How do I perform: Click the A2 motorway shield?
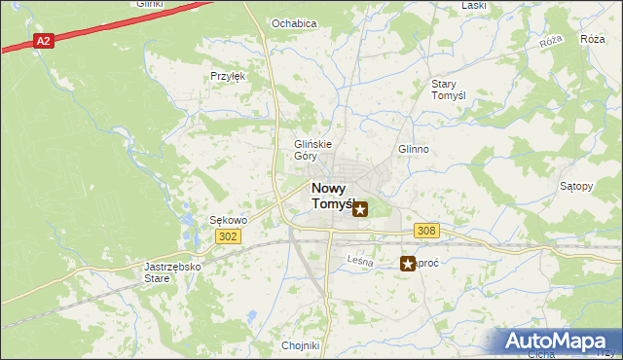point(43,41)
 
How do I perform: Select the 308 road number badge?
point(426,231)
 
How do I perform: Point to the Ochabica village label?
point(294,23)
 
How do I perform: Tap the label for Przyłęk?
point(227,75)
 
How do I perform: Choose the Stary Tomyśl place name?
point(450,90)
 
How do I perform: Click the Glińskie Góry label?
point(313,150)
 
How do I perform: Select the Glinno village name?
point(413,150)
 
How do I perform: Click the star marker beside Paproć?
point(408,263)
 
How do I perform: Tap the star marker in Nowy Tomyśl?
point(360,208)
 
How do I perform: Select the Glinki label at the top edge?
point(148,4)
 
